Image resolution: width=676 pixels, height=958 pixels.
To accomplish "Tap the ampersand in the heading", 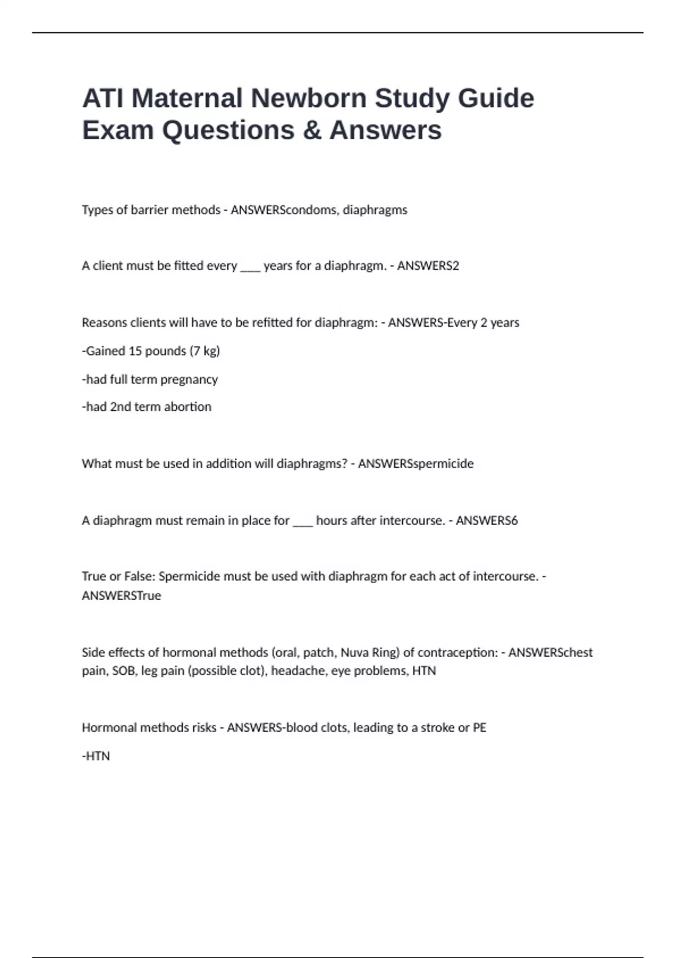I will tap(312, 130).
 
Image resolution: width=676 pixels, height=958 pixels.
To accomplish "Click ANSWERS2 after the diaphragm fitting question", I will tap(428, 265).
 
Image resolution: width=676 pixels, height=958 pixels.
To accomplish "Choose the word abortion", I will tap(188, 406).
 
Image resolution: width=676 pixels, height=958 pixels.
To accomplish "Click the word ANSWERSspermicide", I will tap(416, 463).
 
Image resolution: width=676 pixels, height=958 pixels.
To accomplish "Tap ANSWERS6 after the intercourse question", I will tap(487, 520).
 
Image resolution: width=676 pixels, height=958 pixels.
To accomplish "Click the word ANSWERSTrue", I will tap(121, 595).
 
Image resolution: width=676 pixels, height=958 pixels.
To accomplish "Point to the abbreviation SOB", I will tap(123, 671).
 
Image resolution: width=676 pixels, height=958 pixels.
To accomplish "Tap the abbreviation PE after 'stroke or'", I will tap(479, 728).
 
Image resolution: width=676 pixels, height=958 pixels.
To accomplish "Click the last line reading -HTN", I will tap(96, 756).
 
